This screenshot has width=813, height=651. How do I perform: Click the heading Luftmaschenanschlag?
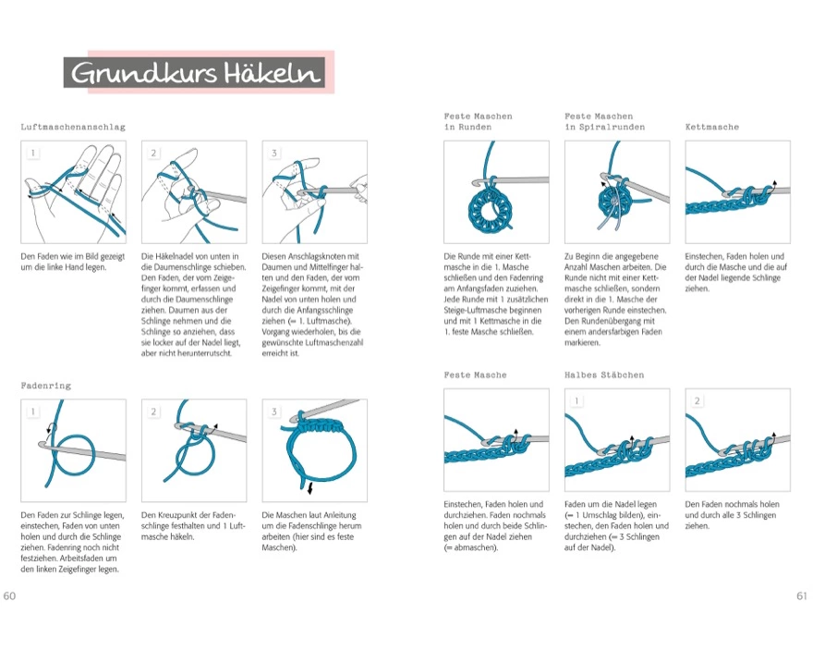(x=73, y=127)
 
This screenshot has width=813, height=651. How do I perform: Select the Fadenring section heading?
(x=46, y=385)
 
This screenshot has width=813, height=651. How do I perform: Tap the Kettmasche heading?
(x=712, y=127)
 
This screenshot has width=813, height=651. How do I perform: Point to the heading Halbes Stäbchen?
(x=603, y=375)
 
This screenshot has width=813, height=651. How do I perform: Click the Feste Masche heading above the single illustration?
(x=475, y=375)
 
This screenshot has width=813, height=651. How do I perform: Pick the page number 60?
(x=10, y=596)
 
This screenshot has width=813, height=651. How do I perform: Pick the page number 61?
(x=801, y=596)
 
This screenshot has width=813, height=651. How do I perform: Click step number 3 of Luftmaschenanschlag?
(x=274, y=154)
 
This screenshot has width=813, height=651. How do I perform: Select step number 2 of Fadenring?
(x=154, y=411)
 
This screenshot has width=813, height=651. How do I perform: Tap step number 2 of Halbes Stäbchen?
(x=697, y=401)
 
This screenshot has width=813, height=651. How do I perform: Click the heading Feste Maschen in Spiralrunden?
(x=604, y=121)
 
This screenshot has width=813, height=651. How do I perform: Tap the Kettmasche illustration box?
(x=737, y=192)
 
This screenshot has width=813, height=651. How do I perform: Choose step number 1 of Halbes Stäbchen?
(x=576, y=401)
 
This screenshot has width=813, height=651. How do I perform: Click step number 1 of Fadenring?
(x=33, y=411)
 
